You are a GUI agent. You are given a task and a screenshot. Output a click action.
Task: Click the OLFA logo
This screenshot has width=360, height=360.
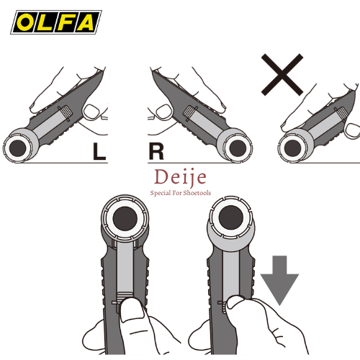coord(56,22)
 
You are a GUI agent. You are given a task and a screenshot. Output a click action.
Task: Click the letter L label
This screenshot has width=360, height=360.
coord(99,151)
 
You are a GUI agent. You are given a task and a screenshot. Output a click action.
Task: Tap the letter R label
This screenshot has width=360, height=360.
coord(156,151)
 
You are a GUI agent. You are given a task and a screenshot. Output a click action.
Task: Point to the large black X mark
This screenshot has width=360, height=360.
coord(282,75)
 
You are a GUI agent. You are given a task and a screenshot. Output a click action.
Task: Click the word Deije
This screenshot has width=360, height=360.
coord(180,177)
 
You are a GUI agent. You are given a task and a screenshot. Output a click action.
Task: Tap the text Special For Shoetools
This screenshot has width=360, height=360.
coord(181,193)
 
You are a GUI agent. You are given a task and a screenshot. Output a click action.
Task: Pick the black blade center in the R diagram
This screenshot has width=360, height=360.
coord(238,148)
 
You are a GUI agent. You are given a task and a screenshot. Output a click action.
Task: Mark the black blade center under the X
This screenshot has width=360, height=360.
coord(292,148)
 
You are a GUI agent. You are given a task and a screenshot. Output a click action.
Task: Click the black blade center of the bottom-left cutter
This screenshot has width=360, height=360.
coord(125,219)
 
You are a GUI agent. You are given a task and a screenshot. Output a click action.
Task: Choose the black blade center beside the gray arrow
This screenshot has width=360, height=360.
coord(231,218)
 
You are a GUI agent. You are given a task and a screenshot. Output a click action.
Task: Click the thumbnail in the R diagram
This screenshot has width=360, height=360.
coord(164,112)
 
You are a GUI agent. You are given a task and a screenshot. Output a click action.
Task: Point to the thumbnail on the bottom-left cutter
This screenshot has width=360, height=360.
coord(132,310)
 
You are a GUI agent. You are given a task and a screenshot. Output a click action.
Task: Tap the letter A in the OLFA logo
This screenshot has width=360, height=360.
coord(86,22)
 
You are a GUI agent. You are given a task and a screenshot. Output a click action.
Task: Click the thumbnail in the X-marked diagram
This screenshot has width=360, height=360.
coord(352,130)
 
